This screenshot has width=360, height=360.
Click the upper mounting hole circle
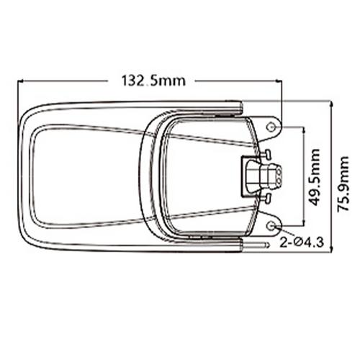(271, 127)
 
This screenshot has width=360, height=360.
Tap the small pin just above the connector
(266, 153)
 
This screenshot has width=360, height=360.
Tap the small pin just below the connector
(266, 197)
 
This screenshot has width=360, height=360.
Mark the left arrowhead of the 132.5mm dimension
(19, 81)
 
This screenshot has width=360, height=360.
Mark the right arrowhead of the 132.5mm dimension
(281, 81)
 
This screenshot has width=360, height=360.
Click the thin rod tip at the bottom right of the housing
(267, 246)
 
